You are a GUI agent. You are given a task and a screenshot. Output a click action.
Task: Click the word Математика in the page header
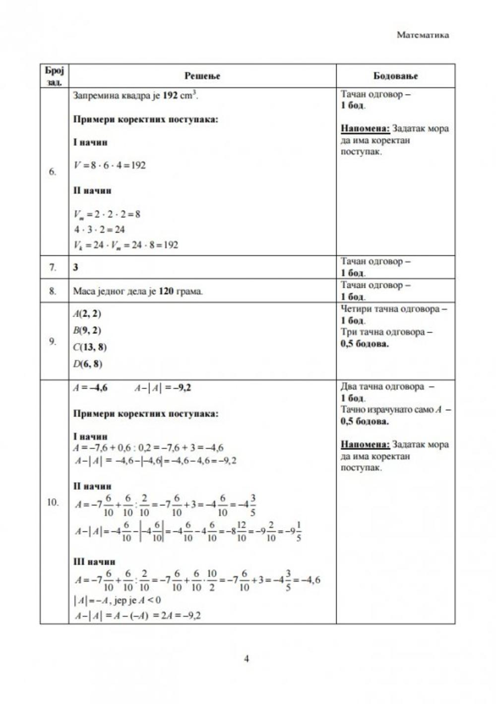point(423,35)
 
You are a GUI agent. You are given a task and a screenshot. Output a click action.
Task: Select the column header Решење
point(202,76)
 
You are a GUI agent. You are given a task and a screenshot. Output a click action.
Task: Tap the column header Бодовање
point(395,76)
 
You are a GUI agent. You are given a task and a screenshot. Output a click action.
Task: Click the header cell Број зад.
point(54,76)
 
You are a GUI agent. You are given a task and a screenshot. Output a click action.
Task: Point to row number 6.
point(53,172)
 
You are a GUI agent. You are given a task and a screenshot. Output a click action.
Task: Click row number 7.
point(53,267)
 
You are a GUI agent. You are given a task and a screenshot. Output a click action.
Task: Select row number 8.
point(53,291)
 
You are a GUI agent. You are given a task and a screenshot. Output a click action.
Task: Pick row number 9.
point(53,341)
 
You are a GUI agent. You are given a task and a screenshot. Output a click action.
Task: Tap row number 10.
point(53,502)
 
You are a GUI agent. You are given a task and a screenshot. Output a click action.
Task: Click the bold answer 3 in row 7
point(76,267)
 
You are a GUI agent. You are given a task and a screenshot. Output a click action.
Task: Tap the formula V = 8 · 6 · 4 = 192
point(110,165)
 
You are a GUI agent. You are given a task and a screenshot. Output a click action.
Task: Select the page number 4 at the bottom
point(247,659)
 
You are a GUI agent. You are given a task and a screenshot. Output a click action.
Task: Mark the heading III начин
point(94,562)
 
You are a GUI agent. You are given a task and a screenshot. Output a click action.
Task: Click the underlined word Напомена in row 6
point(365,128)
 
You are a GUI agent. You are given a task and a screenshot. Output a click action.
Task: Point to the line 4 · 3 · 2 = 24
point(99,230)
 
